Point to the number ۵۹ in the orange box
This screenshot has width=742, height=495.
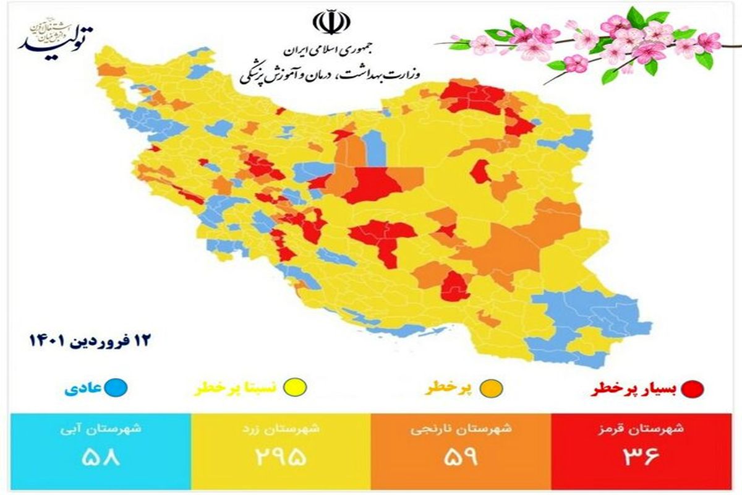tap(460, 458)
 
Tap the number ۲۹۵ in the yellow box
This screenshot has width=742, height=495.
tap(279, 458)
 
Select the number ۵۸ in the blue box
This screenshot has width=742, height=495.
tap(99, 458)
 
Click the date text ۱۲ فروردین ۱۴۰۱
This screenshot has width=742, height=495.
tap(90, 340)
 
